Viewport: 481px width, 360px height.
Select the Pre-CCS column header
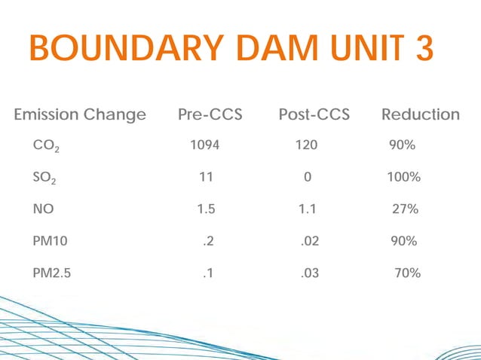[x=210, y=114]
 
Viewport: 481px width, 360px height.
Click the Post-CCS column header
[x=314, y=114]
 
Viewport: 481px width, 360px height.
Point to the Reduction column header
[x=420, y=114]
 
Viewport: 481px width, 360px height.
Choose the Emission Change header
[x=80, y=114]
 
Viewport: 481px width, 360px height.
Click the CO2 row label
[x=46, y=146]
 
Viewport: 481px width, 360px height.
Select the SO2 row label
[x=44, y=178]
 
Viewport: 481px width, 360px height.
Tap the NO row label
[x=42, y=209]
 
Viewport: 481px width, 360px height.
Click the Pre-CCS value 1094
[x=204, y=145]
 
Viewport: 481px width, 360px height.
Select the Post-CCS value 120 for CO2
[x=306, y=145]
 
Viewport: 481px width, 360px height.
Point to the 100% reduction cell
[x=403, y=178]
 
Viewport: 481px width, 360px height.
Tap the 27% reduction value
[x=405, y=209]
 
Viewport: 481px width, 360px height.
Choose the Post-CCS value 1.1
[x=306, y=209]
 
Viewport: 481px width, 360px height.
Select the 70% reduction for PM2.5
[x=407, y=273]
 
